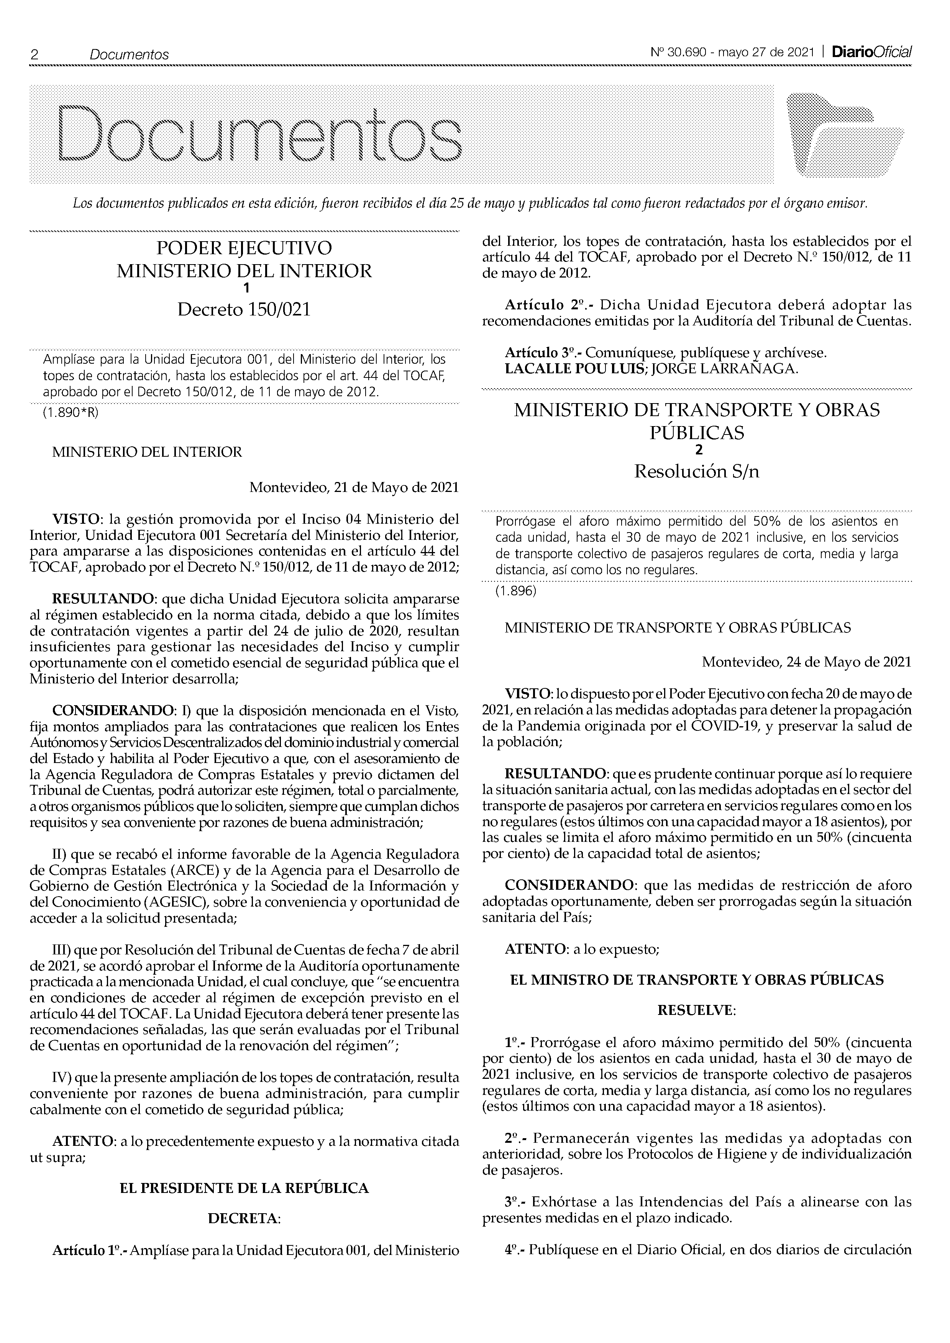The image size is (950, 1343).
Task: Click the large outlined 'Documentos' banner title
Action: (x=260, y=134)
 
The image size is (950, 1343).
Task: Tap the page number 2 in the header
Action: (x=34, y=54)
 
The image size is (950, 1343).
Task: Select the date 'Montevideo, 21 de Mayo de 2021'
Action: (x=354, y=487)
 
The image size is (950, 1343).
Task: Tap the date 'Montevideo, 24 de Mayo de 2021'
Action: (x=806, y=662)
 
